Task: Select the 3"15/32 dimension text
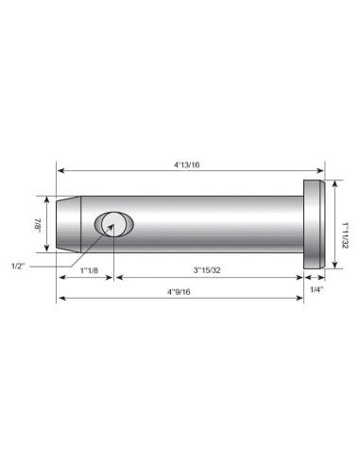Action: pyautogui.click(x=209, y=270)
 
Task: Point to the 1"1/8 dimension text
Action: pyautogui.click(x=89, y=271)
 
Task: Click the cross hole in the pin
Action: pyautogui.click(x=113, y=225)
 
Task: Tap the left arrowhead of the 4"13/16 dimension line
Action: pyautogui.click(x=61, y=171)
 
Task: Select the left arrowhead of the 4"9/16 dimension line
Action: pyautogui.click(x=61, y=299)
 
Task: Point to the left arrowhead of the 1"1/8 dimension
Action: pyautogui.click(x=61, y=278)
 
